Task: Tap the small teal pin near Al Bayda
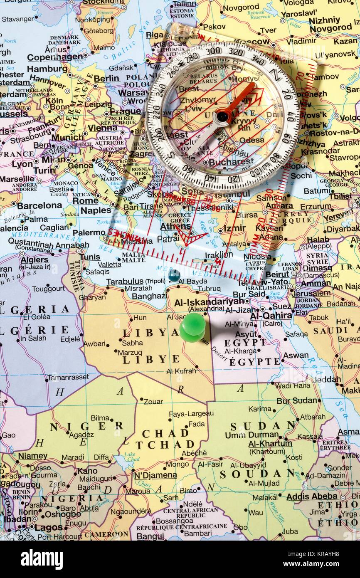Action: coord(174,275)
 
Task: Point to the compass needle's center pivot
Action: coord(223,117)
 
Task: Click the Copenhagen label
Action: coord(55,57)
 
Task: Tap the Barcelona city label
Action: coord(39,205)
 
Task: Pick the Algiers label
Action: coord(35,259)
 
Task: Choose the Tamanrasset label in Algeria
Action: coord(68,377)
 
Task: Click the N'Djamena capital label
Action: coord(155,475)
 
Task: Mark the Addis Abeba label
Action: coord(312,496)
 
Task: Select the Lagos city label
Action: coord(49,528)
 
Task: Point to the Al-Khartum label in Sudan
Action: coord(270,444)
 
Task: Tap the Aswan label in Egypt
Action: coord(296,356)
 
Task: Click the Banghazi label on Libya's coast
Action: coord(149,296)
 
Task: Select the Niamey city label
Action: coord(32,456)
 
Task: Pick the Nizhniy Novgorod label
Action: coord(330,24)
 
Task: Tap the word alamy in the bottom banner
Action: coord(42,559)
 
